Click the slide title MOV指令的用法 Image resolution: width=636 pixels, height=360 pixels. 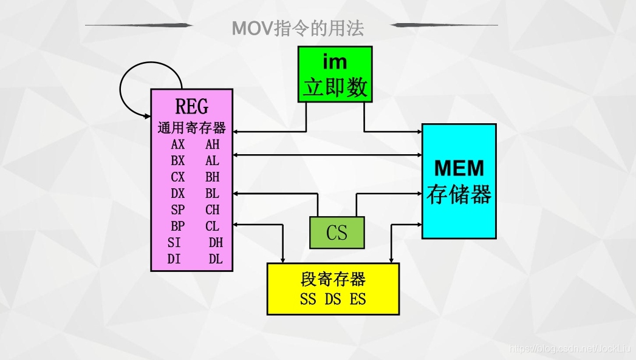[x=298, y=29]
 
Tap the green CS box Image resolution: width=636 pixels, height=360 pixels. [x=337, y=233]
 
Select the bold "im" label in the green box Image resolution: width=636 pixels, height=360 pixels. [x=335, y=62]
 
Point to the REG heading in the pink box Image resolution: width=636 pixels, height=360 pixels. [x=191, y=107]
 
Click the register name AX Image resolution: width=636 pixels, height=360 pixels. [x=178, y=144]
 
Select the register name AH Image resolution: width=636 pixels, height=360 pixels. [x=213, y=144]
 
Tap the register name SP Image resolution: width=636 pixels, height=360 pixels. [x=178, y=210]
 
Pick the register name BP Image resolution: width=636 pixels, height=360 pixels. [x=178, y=226]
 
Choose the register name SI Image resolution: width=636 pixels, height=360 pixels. [x=174, y=243]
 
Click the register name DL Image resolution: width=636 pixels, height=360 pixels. [x=216, y=259]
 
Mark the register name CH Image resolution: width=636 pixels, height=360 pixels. [x=213, y=210]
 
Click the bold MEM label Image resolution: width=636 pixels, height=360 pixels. [x=459, y=168]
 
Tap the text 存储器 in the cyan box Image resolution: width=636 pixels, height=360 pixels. [x=459, y=194]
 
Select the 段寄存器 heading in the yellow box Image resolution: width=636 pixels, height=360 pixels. [x=333, y=279]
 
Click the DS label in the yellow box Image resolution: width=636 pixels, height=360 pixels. [x=333, y=299]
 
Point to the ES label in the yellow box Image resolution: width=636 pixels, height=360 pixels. [x=358, y=299]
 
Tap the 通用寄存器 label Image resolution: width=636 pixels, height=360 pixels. [x=191, y=128]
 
